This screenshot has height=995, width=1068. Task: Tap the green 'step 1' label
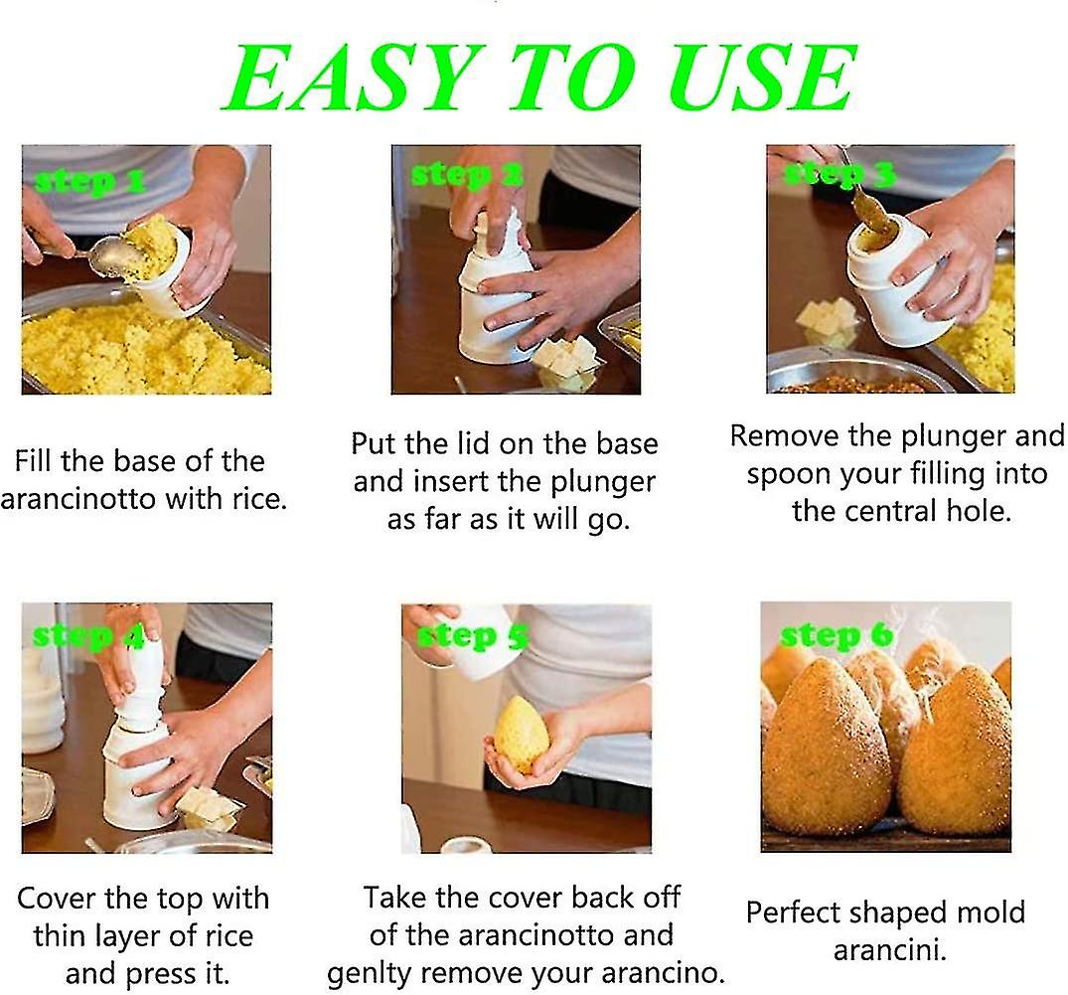tap(88, 181)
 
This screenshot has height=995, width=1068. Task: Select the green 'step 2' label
tap(466, 175)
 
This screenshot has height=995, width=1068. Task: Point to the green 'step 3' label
tap(839, 176)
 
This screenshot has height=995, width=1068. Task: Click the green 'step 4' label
tap(88, 635)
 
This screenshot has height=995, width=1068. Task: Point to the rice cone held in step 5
tap(522, 735)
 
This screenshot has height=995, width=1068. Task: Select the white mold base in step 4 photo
tap(139, 775)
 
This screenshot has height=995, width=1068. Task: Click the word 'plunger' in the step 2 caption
tap(600, 482)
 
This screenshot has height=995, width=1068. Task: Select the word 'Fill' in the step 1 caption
tap(34, 461)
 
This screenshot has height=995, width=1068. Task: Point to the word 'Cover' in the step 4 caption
tap(62, 899)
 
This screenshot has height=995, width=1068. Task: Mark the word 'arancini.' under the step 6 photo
tap(889, 949)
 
